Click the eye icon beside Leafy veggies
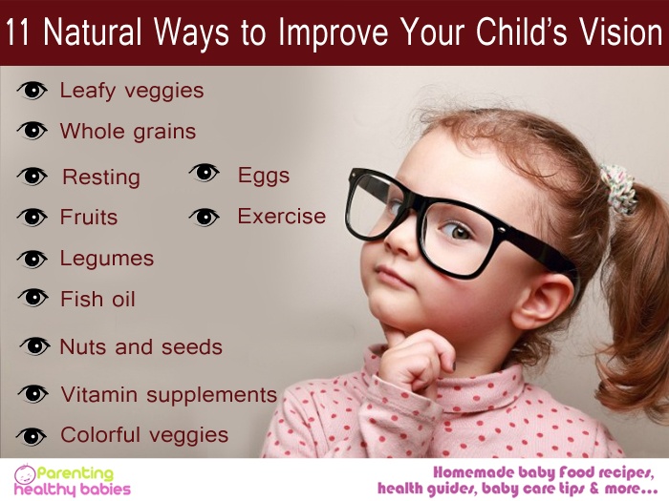point(32,91)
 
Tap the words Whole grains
point(127,132)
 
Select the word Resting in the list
point(101,177)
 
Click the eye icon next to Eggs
point(205,172)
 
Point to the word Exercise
point(282,216)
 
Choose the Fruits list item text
point(89,217)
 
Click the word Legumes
point(107,259)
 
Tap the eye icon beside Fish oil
point(32,298)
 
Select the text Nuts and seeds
point(140,346)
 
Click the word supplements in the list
point(211,395)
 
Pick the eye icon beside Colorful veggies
point(32,436)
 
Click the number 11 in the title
point(17,31)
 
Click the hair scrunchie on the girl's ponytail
point(619,188)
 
